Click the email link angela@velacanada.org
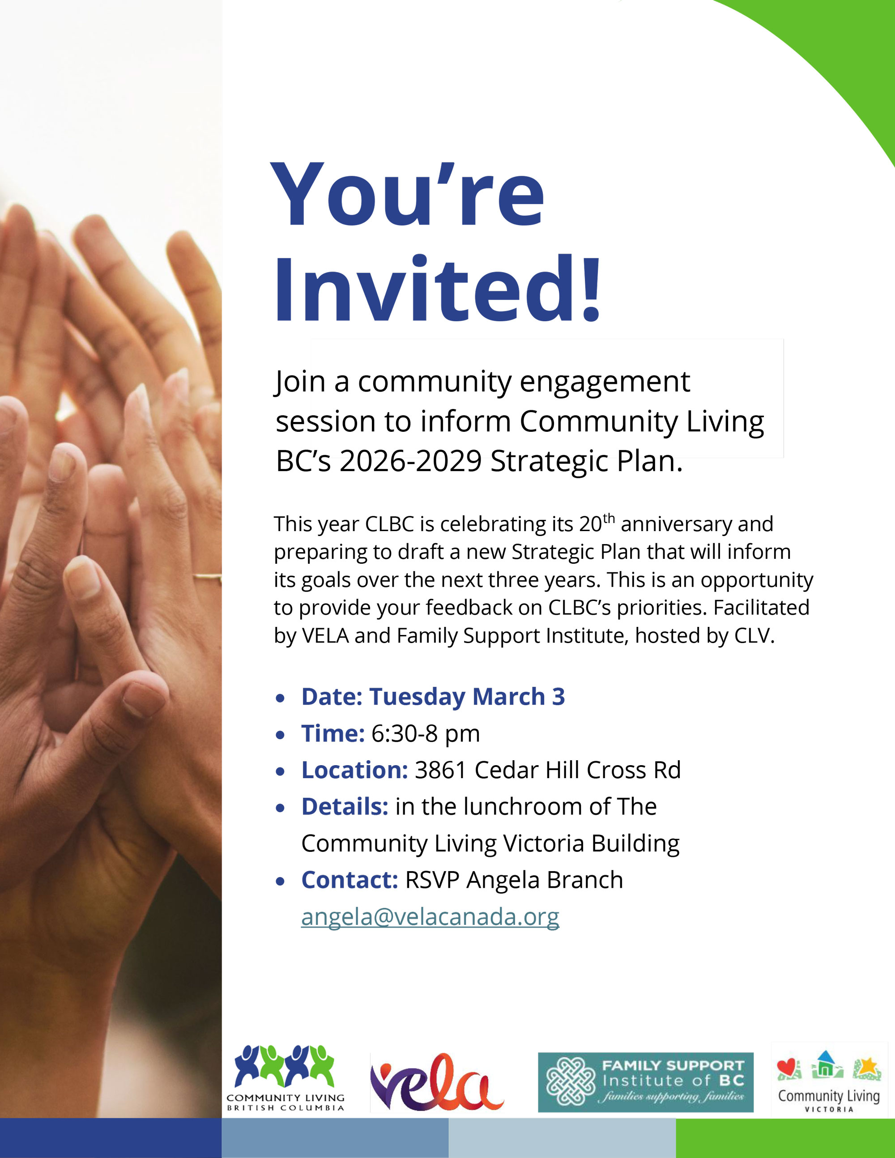pos(430,917)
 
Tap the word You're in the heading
pos(407,194)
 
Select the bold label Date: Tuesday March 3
pos(433,697)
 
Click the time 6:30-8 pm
pos(426,734)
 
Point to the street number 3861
pos(441,771)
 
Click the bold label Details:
pos(345,806)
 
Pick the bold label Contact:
pos(349,880)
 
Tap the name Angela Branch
pos(545,880)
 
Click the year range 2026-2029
pos(411,461)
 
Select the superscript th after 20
pos(609,518)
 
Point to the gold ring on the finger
pos(207,577)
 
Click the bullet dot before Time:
pos(281,736)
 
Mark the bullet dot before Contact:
pos(281,882)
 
